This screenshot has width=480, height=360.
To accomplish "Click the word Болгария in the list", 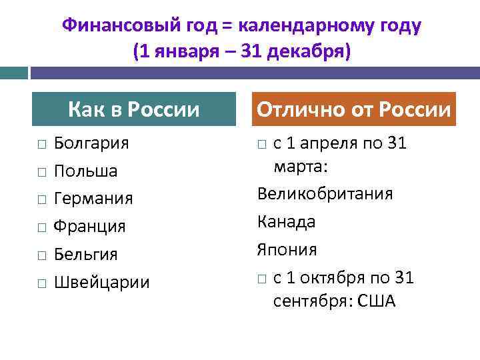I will tap(91, 143).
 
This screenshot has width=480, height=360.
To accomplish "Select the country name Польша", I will tap(85, 171).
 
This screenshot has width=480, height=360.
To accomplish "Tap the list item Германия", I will tap(93, 199).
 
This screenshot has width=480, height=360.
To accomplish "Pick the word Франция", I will tap(89, 227).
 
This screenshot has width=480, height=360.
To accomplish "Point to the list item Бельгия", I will tap(85, 255).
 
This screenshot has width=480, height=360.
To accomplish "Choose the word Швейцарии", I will tap(101, 283).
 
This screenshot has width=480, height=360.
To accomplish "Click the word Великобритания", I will tap(325, 194).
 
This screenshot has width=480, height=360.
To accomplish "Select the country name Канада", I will tap(286, 221).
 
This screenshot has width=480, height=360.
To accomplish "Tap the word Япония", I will tap(287, 249).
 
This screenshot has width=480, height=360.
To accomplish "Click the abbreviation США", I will tap(377, 301).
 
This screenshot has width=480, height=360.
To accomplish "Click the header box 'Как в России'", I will tap(134, 109).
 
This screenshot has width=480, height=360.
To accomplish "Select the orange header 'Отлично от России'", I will tap(354, 109).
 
